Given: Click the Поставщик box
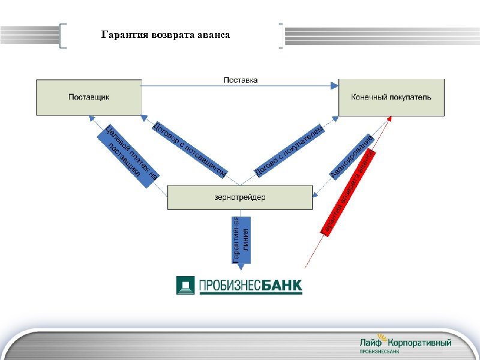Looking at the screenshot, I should click(89, 97).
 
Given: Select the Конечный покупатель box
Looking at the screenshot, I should click(391, 97).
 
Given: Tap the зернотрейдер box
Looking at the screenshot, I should click(239, 197).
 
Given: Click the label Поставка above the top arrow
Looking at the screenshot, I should click(241, 80).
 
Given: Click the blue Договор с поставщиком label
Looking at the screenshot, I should click(189, 149).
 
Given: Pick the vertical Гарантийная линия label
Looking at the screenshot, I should click(240, 239).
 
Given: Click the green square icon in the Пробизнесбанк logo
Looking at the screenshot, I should click(185, 284).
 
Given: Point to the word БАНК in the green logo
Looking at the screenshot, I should click(283, 285).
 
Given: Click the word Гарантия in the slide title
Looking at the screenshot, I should click(121, 35).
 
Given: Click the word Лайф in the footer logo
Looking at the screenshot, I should click(371, 342).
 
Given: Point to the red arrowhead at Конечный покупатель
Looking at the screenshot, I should click(389, 118).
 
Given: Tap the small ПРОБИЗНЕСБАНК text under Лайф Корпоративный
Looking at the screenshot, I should click(379, 351).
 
